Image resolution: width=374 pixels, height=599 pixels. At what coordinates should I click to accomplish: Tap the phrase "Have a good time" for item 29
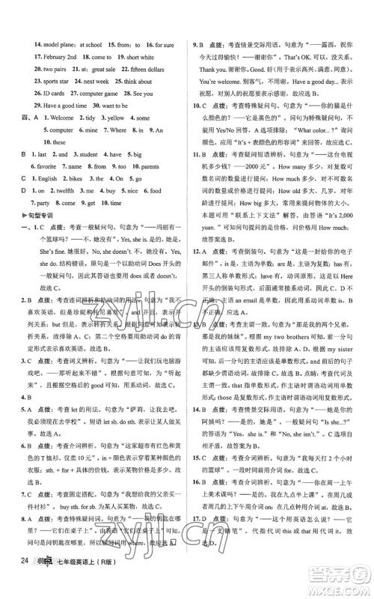point(66,106)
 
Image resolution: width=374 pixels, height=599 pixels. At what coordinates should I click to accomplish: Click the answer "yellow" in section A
point(115,118)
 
